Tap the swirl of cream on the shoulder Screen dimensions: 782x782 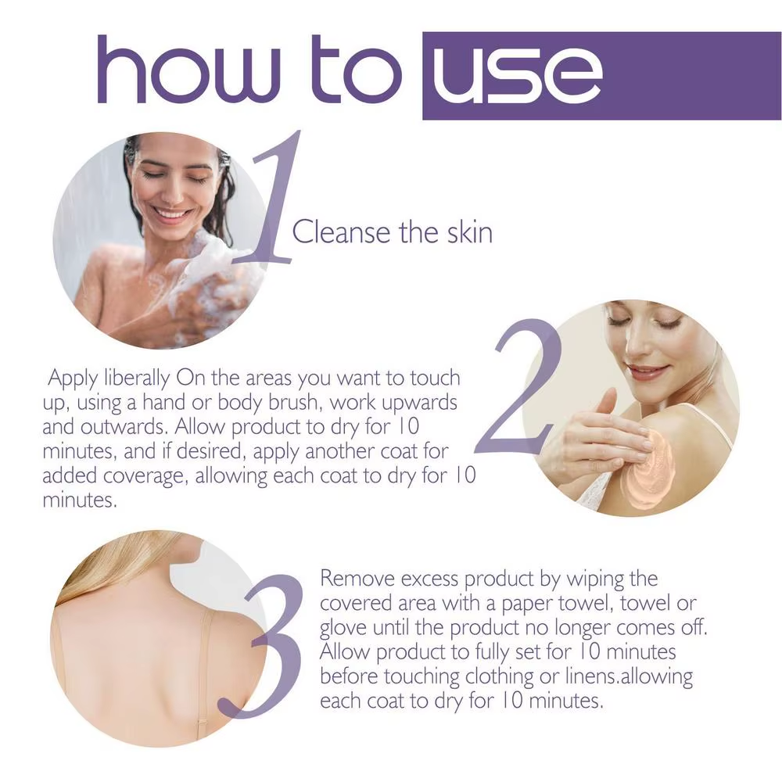(647, 472)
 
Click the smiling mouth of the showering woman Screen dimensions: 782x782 (174, 213)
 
